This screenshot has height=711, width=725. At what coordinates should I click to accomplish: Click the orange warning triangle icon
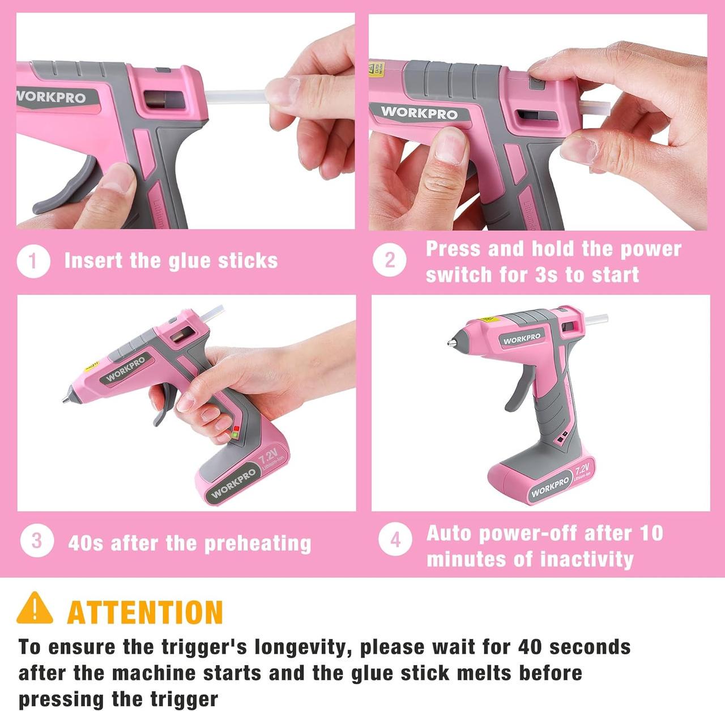point(35,608)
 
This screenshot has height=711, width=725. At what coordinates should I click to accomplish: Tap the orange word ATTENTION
point(145,612)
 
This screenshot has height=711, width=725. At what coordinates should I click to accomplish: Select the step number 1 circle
point(33,261)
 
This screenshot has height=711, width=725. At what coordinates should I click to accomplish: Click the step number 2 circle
point(389,259)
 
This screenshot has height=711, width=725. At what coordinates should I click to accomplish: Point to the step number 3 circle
point(37,541)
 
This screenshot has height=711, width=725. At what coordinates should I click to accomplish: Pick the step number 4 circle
point(395,539)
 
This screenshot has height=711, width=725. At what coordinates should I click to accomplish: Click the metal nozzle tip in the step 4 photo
point(451,343)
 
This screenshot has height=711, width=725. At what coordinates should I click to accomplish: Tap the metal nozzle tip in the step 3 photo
point(67,399)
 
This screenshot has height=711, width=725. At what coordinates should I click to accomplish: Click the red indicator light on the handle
point(236,428)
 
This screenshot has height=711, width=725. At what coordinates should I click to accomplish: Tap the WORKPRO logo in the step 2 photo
point(419,113)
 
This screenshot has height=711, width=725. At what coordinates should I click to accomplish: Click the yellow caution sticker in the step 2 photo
point(376,69)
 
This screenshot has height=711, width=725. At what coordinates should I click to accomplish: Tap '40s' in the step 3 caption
point(86,543)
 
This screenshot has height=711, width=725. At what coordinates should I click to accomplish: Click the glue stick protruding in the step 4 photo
point(596,319)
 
